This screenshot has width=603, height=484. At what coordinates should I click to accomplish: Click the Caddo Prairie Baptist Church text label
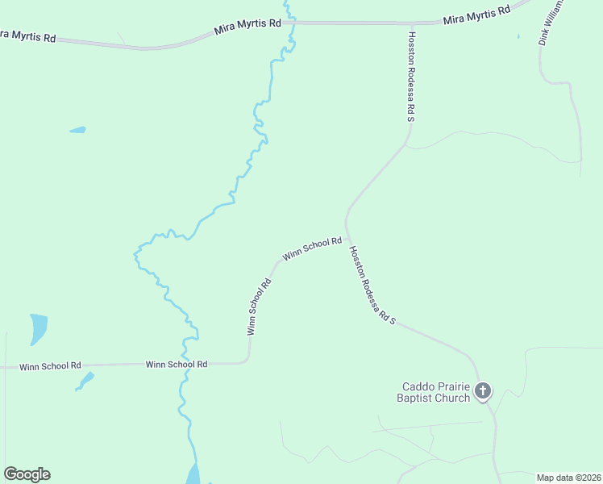point(433,392)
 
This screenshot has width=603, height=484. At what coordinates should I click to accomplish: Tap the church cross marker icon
point(482,392)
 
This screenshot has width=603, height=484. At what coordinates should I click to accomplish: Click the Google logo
point(27,474)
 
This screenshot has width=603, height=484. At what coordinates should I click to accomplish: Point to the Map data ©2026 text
point(568,478)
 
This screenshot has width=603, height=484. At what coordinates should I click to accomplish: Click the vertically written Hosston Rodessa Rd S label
point(411,77)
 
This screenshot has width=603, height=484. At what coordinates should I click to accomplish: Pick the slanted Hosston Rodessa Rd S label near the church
point(372,286)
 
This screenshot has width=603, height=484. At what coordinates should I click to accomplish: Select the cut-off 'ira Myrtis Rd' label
point(27,35)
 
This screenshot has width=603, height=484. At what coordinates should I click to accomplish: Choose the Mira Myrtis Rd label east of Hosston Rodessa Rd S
point(478,15)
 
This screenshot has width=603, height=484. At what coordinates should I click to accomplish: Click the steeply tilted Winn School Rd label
point(260,307)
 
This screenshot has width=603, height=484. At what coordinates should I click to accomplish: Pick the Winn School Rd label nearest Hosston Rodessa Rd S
point(312,249)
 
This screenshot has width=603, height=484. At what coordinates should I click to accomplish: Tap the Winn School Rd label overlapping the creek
point(177,365)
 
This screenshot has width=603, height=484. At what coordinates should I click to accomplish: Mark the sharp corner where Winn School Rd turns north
point(249,362)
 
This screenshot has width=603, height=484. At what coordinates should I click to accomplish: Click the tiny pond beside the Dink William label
point(518,36)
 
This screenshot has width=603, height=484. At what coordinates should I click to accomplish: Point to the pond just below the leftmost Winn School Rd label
point(84,380)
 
